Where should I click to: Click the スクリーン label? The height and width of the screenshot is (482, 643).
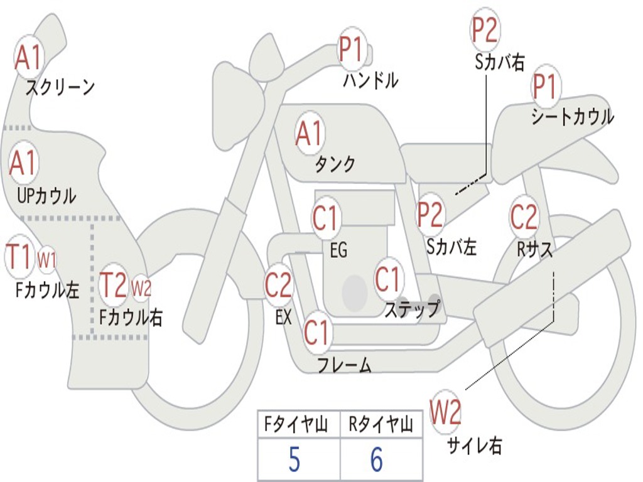click(60, 87)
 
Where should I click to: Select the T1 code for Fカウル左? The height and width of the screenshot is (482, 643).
click(19, 257)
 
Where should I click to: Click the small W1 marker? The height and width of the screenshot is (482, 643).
click(47, 259)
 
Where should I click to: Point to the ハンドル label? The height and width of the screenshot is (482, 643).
click(370, 80)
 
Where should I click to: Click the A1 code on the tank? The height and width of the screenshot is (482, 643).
click(309, 133)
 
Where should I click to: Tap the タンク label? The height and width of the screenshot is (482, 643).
click(335, 164)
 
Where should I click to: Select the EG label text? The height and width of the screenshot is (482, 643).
click(338, 250)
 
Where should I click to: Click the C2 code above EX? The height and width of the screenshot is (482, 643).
click(278, 286)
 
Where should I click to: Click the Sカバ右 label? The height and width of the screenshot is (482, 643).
click(499, 62)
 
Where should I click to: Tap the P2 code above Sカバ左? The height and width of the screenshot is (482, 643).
click(431, 215)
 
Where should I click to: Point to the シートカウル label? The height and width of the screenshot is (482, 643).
click(572, 117)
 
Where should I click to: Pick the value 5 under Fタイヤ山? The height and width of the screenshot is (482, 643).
click(294, 461)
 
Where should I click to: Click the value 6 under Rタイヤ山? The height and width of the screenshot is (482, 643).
click(376, 461)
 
